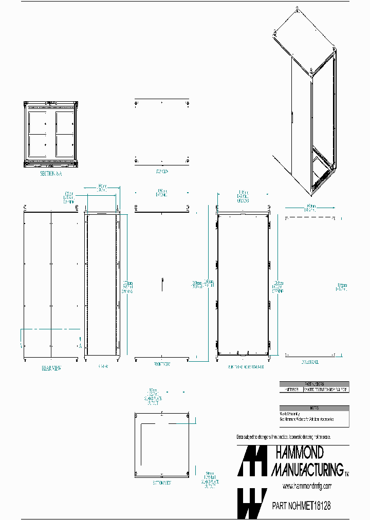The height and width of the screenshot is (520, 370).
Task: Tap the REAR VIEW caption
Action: point(51,368)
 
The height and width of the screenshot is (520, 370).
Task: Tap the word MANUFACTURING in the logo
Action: point(307,469)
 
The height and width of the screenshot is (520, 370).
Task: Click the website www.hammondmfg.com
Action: point(307,486)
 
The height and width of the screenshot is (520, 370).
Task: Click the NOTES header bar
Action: point(314,408)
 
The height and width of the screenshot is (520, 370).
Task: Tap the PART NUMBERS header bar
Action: point(314,384)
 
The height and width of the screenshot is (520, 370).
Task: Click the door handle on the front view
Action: point(162,282)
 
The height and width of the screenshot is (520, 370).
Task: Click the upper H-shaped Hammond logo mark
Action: point(252,460)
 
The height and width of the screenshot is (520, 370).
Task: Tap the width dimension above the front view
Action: point(161,194)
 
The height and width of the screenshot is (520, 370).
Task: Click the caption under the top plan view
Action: point(161,171)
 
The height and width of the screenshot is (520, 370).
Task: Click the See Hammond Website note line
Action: point(306,419)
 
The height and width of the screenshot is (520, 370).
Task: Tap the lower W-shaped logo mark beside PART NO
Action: point(252,503)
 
